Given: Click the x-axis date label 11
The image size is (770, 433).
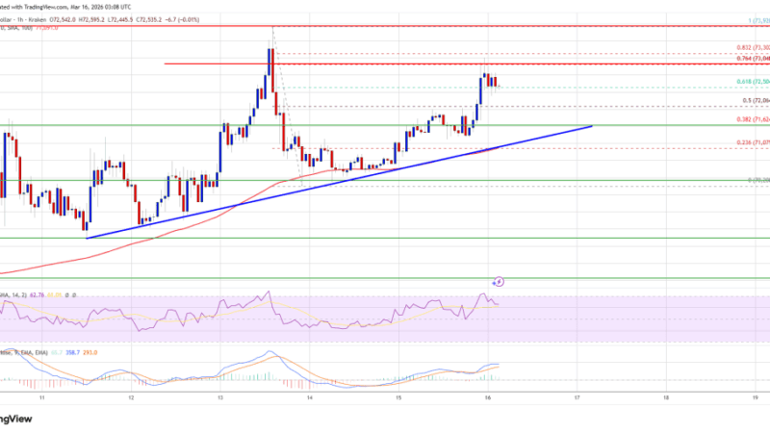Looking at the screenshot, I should [41, 395].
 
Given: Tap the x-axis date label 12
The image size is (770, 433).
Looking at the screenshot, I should [130, 395].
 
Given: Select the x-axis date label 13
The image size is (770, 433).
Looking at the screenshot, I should [219, 395].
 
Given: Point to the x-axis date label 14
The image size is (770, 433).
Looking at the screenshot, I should [309, 395].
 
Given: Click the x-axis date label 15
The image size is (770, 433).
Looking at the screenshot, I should [398, 395].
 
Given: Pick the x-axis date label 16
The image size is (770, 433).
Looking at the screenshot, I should [487, 395].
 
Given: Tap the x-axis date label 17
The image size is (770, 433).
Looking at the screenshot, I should [577, 395].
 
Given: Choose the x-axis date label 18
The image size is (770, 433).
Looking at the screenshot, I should [666, 395].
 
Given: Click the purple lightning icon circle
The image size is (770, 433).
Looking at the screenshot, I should [499, 282].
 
